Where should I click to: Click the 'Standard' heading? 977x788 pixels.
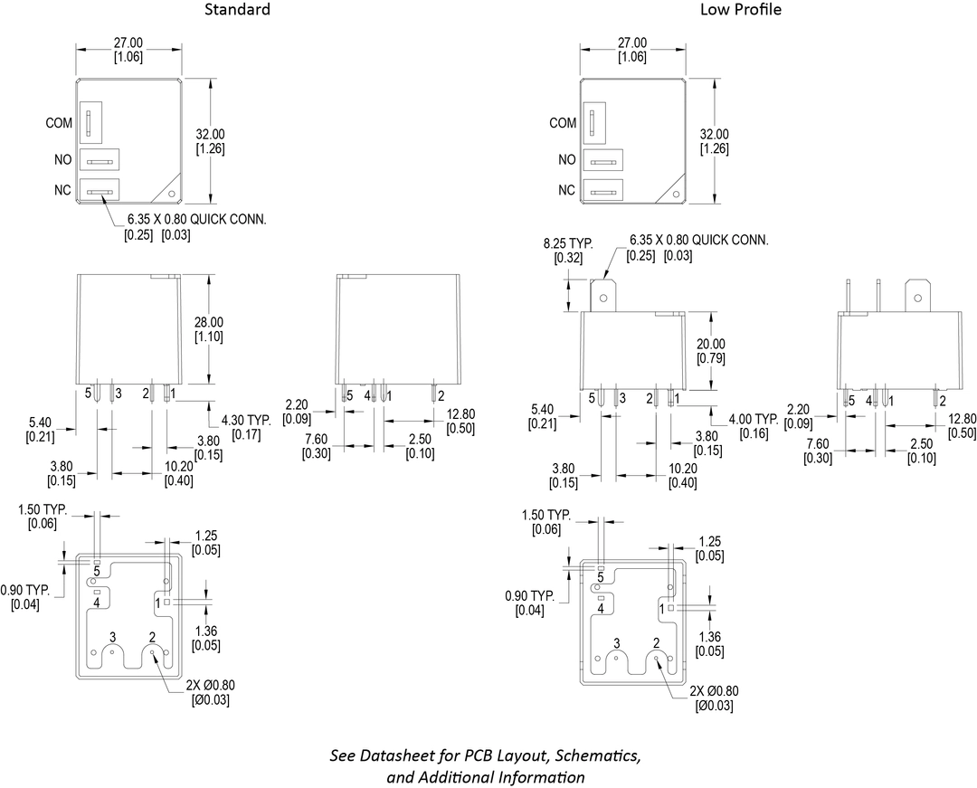coord(237,10)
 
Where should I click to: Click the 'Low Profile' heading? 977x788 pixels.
coord(740,10)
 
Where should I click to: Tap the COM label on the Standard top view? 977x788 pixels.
coord(59,123)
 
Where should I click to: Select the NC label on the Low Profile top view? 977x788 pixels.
coord(566,190)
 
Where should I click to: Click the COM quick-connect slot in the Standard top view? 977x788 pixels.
coord(89,123)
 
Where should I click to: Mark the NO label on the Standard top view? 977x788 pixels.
coord(62,159)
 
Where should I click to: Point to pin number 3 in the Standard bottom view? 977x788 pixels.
coord(112,639)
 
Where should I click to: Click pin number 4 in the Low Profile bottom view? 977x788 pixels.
coord(600,609)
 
